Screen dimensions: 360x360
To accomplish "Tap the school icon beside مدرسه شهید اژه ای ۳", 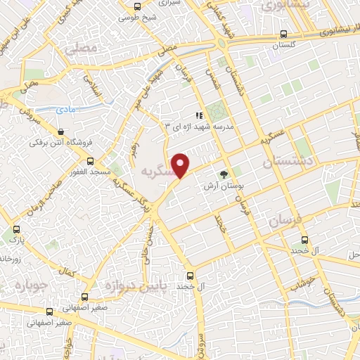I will tap(199, 116).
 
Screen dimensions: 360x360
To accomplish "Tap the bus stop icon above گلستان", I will tap(283, 33).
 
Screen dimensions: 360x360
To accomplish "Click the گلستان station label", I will tap(283, 44).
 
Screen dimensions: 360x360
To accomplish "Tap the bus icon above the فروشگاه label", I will tap(61, 131).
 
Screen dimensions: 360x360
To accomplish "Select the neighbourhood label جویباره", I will tap(30, 287).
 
